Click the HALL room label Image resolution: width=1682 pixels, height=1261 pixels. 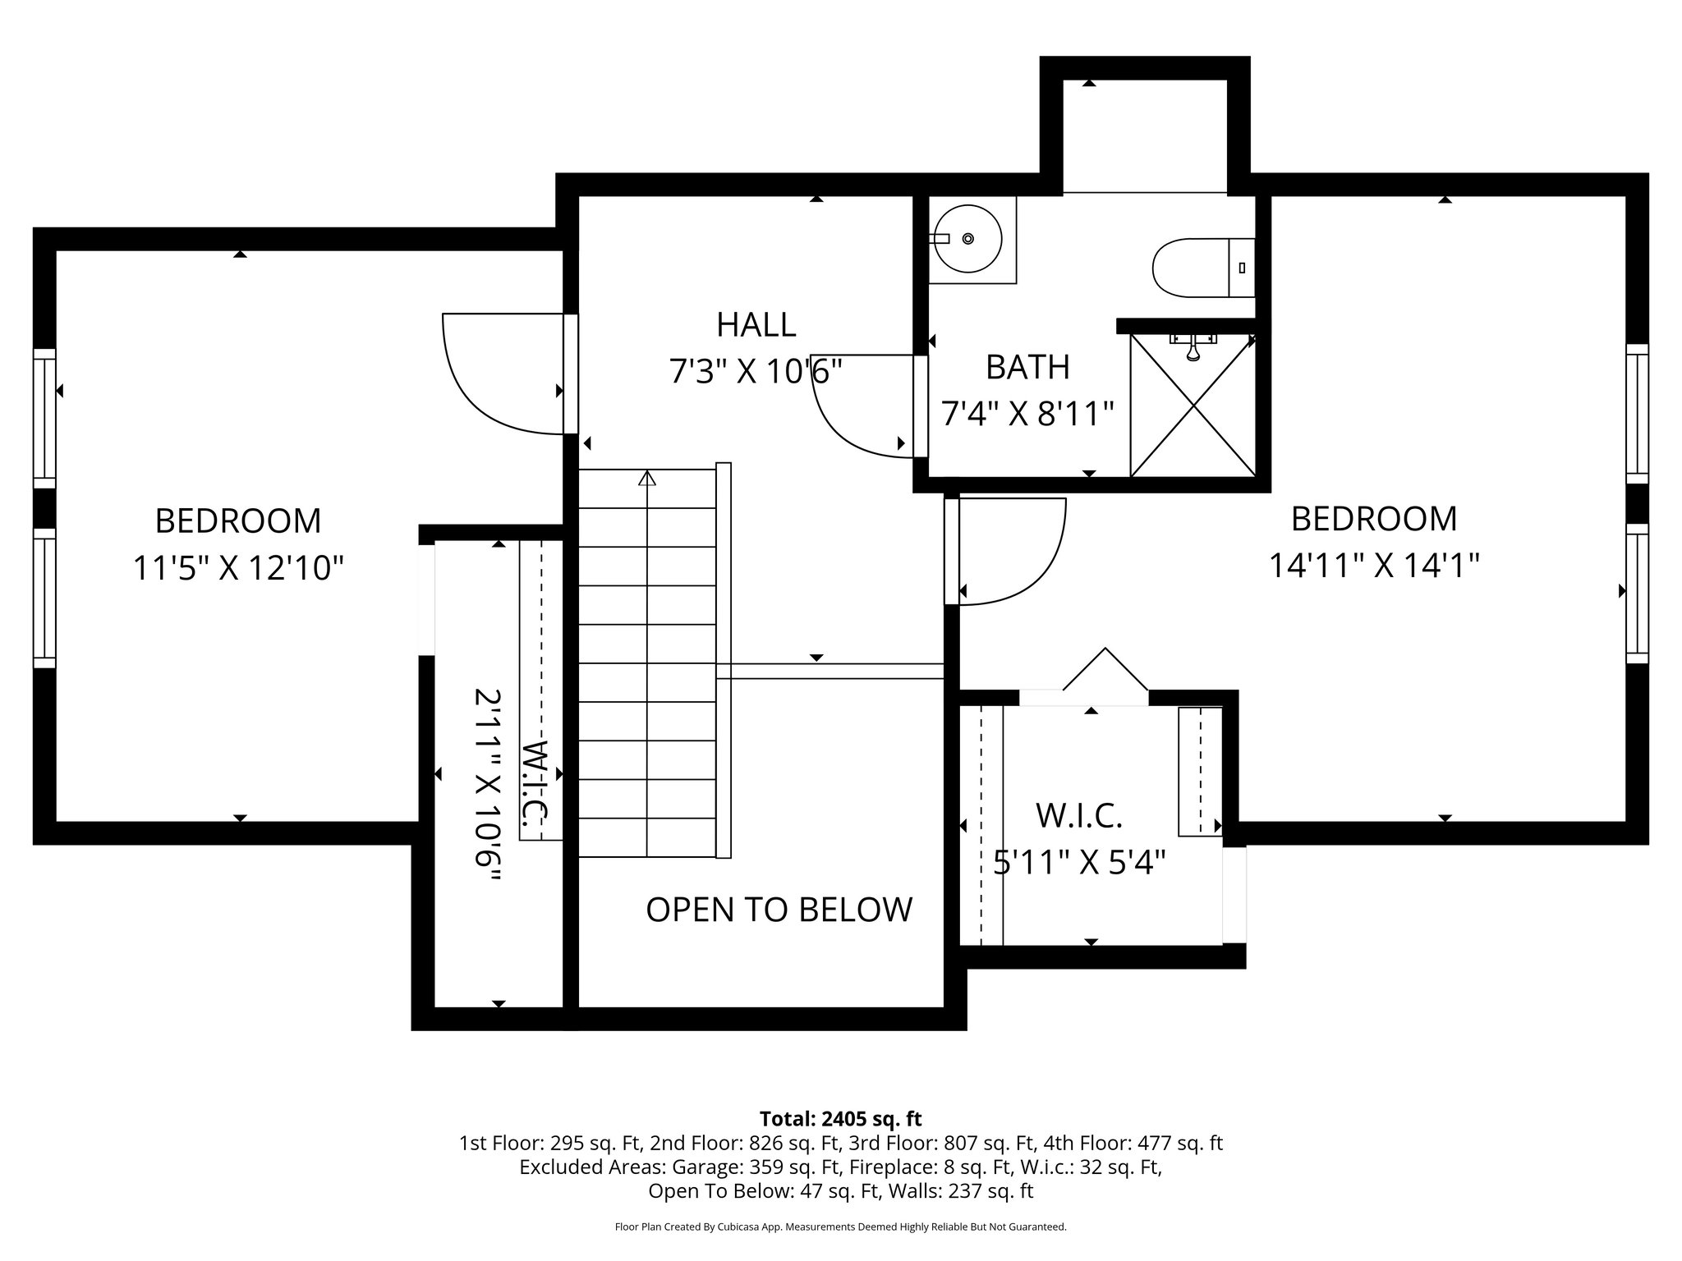[x=756, y=325]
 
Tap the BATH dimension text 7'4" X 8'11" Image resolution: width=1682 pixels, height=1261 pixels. [x=1027, y=415]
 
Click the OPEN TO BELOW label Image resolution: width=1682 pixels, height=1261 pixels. [x=779, y=910]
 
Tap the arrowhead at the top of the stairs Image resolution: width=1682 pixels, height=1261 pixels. [x=647, y=477]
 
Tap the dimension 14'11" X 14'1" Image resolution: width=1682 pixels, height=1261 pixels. [x=1374, y=566]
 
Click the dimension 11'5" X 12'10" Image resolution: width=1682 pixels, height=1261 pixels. [x=238, y=567]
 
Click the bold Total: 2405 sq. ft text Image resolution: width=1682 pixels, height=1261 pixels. [x=840, y=1119]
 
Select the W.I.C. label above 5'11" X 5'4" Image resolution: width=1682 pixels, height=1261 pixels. [x=1078, y=816]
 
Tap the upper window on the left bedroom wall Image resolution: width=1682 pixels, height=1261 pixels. [x=44, y=419]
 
